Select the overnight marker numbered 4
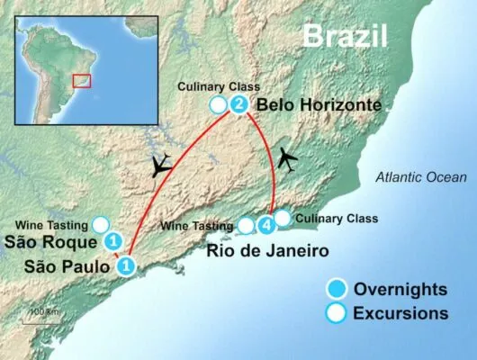[265, 224]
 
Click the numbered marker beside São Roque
[113, 241]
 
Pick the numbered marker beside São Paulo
[127, 265]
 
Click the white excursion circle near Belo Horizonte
[217, 106]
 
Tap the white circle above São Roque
[102, 223]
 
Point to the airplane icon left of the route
[162, 166]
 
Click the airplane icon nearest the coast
[287, 158]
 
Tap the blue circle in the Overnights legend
[336, 290]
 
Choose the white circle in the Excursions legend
[336, 313]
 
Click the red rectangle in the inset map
[82, 81]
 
